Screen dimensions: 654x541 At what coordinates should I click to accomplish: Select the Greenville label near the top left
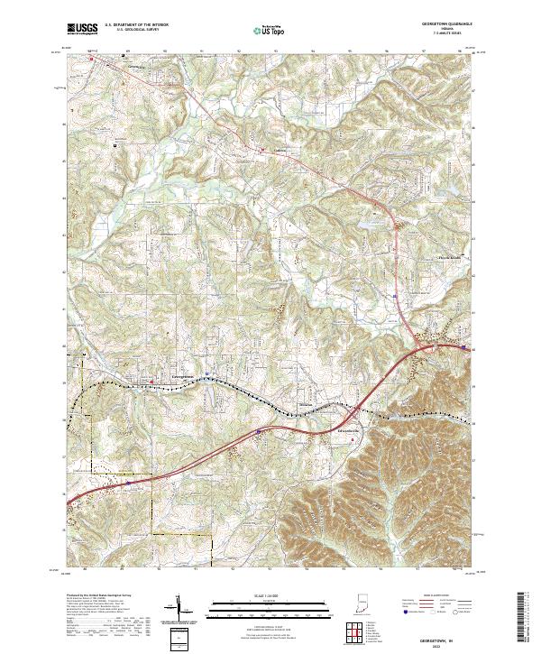pyautogui.click(x=137, y=66)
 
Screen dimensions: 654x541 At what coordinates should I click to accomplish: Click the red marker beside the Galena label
pyautogui.click(x=262, y=150)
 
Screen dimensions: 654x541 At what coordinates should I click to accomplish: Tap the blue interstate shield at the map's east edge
pyautogui.click(x=463, y=346)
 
